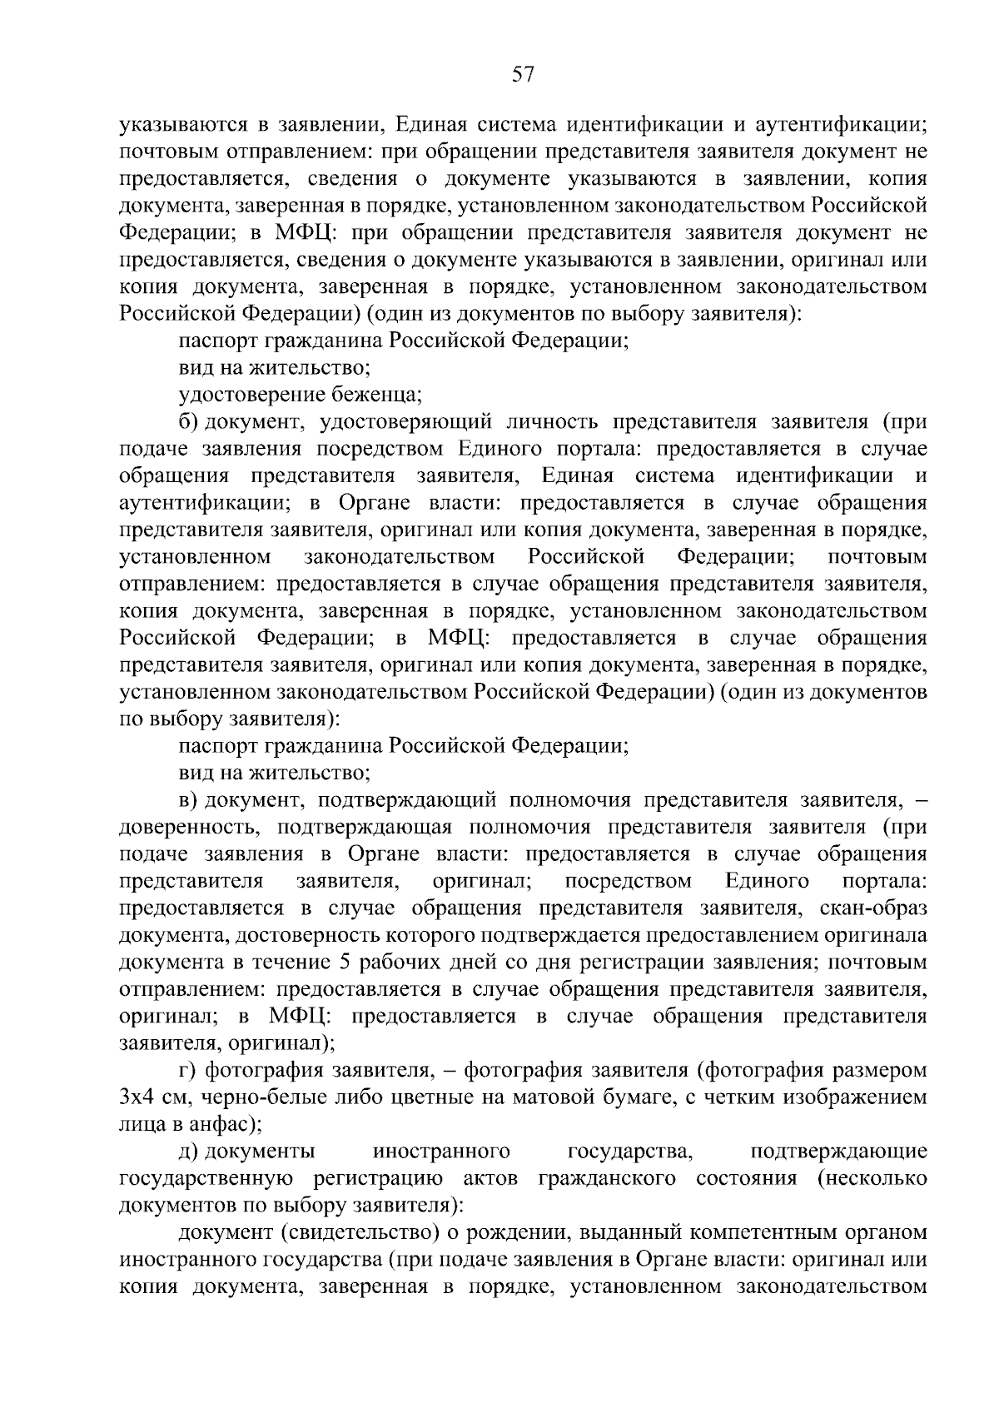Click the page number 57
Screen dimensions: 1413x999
click(522, 75)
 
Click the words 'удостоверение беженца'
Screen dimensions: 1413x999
click(301, 395)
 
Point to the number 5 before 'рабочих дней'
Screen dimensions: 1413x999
click(345, 963)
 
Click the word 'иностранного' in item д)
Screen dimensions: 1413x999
click(441, 1152)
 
